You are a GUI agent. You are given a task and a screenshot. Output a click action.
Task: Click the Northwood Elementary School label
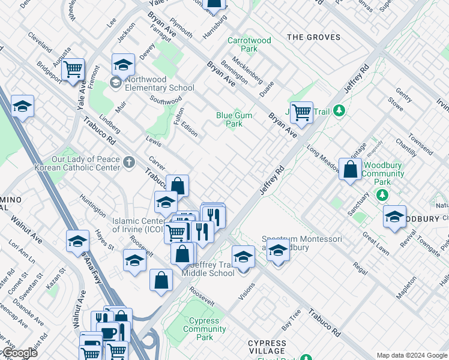(152, 83)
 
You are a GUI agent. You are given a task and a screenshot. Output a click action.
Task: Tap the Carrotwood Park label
(249, 45)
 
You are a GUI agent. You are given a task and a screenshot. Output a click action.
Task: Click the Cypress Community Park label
(205, 329)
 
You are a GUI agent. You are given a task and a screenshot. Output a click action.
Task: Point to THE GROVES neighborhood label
(313, 37)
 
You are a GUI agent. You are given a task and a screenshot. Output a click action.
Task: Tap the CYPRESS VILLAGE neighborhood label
(267, 347)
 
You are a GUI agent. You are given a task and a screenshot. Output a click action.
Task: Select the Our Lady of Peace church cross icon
(128, 161)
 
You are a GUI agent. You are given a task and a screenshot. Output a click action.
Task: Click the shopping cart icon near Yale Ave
(73, 68)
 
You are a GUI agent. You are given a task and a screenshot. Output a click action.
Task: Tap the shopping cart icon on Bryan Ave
(301, 110)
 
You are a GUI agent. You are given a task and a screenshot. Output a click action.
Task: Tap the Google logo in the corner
(19, 353)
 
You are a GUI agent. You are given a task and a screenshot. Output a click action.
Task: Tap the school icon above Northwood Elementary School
(123, 64)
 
